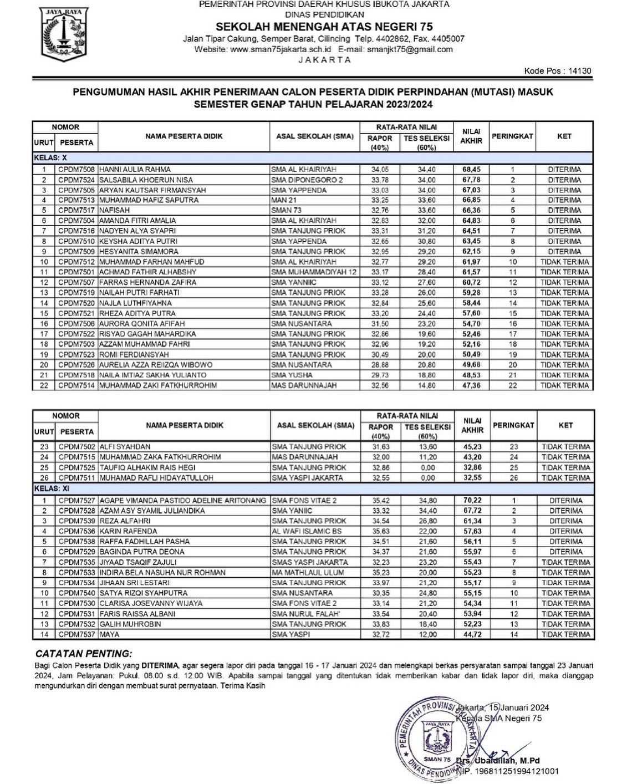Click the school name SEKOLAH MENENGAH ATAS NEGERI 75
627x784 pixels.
pos(324,27)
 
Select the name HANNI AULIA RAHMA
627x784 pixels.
pos(135,169)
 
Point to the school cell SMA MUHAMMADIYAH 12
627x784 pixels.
pos(314,272)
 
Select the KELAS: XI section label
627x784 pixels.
pos(47,488)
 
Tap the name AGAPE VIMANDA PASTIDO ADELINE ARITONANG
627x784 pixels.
pos(182,500)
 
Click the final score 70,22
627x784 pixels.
pos(472,500)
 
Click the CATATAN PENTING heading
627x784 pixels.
pos(84,653)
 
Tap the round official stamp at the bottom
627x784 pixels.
pos(438,737)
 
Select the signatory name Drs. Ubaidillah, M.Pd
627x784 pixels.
pos(497,760)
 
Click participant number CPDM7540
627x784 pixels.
pos(77,593)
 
